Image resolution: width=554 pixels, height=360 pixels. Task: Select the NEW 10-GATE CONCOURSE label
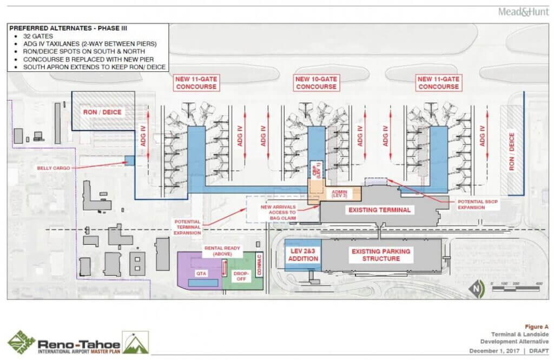[x=316, y=83]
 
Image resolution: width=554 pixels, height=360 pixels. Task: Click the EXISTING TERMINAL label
[x=379, y=210]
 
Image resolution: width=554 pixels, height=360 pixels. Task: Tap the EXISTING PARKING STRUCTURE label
[x=381, y=255]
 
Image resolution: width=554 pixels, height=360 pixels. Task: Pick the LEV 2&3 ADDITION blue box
[x=302, y=255]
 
